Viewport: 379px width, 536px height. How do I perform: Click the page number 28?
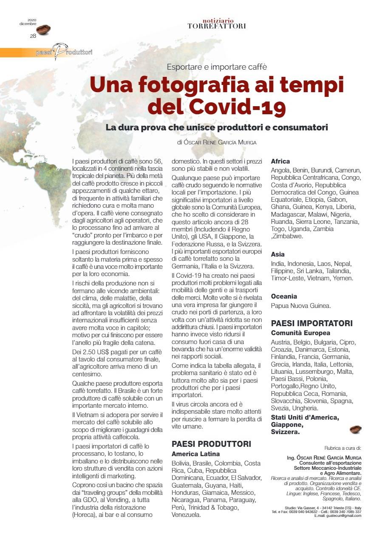(x=33, y=36)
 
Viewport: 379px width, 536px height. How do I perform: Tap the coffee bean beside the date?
(x=43, y=29)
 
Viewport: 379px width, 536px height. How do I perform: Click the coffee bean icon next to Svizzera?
(x=355, y=430)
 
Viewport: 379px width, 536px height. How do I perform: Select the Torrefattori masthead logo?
(x=216, y=24)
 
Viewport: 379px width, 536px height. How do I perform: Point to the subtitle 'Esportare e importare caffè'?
(x=216, y=66)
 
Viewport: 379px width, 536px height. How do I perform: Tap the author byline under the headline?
(x=217, y=142)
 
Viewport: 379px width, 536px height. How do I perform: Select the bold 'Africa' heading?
(x=280, y=161)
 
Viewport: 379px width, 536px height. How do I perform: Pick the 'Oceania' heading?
(x=284, y=296)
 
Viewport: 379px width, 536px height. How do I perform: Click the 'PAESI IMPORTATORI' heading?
(x=311, y=323)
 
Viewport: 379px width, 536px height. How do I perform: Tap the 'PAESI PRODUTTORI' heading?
(x=211, y=444)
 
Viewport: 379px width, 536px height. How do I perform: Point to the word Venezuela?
(x=187, y=515)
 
